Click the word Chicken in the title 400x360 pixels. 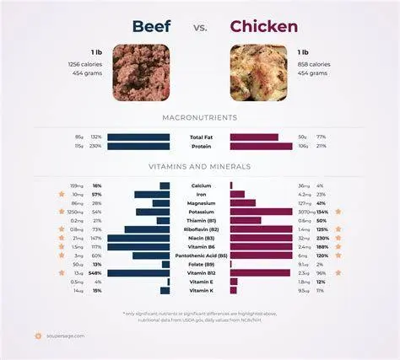click(x=263, y=27)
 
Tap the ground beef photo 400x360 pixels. click(x=141, y=73)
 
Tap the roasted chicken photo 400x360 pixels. click(x=258, y=73)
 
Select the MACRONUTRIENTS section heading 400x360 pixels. click(x=200, y=116)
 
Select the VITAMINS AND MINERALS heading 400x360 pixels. click(x=200, y=167)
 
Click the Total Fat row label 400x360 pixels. click(x=200, y=136)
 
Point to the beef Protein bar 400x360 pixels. click(x=138, y=146)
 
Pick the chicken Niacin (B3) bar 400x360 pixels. click(x=262, y=239)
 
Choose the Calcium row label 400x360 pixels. click(x=200, y=185)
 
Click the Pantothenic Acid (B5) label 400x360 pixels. click(x=200, y=255)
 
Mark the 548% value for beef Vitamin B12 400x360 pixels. click(x=97, y=273)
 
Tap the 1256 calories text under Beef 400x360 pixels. click(x=84, y=64)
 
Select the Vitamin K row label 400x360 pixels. click(x=200, y=291)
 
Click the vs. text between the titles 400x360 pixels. click(x=200, y=28)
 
